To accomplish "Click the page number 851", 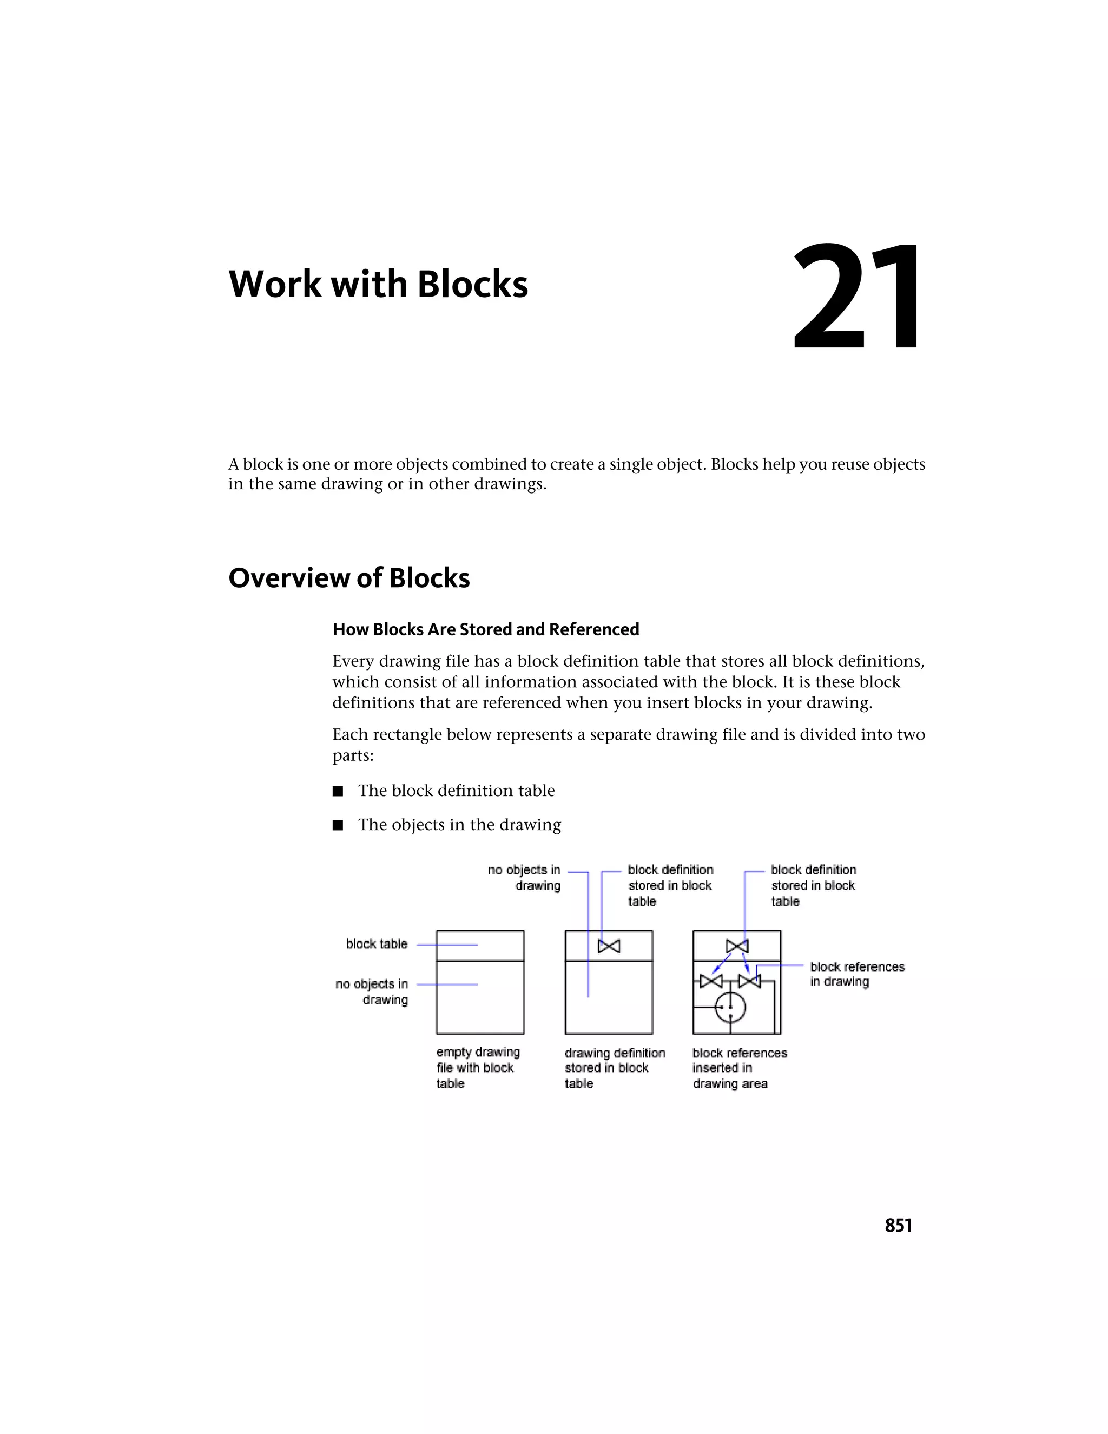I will [898, 1226].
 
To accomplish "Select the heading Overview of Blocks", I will [348, 578].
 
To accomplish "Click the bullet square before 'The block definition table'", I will [338, 791].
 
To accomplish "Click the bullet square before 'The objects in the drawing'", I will [338, 825].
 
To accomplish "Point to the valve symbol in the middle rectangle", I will [609, 946].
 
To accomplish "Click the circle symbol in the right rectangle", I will [730, 1007].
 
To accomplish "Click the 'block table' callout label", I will [377, 944].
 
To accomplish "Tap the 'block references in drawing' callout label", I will [856, 975].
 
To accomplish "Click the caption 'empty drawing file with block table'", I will [477, 1068].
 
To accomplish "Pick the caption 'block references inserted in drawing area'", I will [739, 1068].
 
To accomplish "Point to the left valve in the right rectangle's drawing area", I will [711, 982].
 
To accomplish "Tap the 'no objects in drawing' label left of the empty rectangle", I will [372, 991].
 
